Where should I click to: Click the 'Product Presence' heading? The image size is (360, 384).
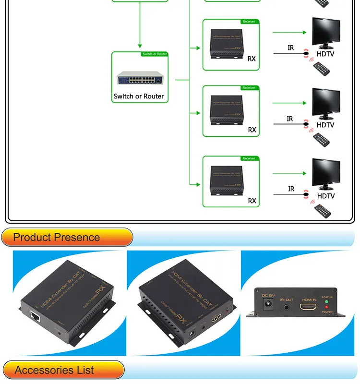pos(57,237)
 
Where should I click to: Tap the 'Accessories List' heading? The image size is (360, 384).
pos(54,370)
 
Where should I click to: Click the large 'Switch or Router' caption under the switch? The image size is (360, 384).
pos(139,96)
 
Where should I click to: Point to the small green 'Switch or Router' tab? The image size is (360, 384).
pos(155,54)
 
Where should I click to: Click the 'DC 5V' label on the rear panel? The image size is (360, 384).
pos(267,295)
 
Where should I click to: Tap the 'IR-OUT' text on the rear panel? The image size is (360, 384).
pos(287,298)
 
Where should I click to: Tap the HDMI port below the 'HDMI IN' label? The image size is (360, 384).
pos(309,307)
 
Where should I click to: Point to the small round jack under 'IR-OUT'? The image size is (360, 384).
pos(288,305)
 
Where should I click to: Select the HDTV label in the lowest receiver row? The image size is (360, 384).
pos(325,196)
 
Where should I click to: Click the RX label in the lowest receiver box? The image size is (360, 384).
pos(252,201)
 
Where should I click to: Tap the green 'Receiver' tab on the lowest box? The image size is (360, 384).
pos(249,158)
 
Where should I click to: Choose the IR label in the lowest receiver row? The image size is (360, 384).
pos(291,189)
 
